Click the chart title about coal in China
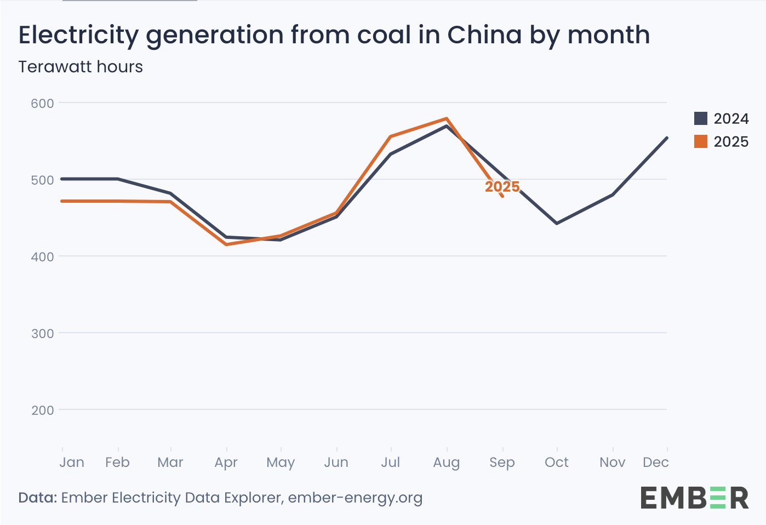[x=334, y=35]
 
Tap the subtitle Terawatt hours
[x=81, y=67]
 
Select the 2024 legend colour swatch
[x=701, y=118]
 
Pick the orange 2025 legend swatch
[x=701, y=141]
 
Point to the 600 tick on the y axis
[x=42, y=104]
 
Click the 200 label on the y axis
[x=42, y=410]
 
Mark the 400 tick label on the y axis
[x=42, y=257]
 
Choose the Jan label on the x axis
[x=72, y=463]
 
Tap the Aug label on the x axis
[x=447, y=463]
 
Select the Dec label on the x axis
[x=655, y=463]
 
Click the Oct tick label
[x=557, y=463]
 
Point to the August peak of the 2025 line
[x=447, y=118]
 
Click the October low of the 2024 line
[x=557, y=224]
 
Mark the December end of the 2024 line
[x=667, y=138]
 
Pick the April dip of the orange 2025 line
[x=226, y=244]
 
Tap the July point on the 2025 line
[x=391, y=136]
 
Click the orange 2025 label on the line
[x=502, y=187]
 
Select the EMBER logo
[x=694, y=498]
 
